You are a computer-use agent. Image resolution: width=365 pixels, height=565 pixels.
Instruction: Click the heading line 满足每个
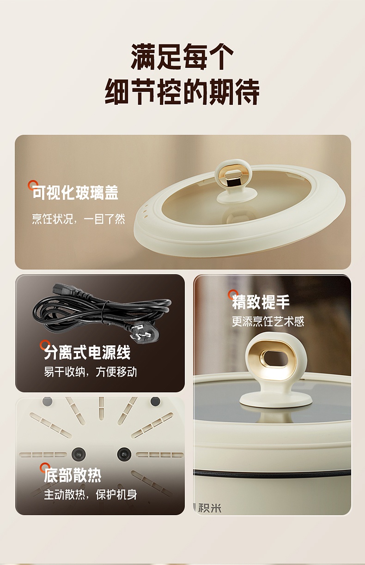182,57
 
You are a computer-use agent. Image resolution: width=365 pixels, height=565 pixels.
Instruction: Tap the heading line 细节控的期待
182,91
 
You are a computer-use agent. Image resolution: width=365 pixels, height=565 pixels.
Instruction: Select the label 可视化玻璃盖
75,193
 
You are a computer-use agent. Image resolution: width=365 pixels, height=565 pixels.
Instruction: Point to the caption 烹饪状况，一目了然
79,219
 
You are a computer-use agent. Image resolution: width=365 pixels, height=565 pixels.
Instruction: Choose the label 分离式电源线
87,352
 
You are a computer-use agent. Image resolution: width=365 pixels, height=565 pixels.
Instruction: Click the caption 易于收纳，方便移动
91,372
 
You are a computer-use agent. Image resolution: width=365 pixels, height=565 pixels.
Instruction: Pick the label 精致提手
261,302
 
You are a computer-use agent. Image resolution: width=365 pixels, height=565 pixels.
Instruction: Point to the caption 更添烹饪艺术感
268,322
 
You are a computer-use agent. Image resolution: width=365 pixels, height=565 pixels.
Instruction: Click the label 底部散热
73,475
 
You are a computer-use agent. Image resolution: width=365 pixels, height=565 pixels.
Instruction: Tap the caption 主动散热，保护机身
91,495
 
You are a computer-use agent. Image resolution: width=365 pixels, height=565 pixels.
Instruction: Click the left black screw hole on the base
79,454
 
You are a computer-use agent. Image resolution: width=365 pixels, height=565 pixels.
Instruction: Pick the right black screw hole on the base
124,454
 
